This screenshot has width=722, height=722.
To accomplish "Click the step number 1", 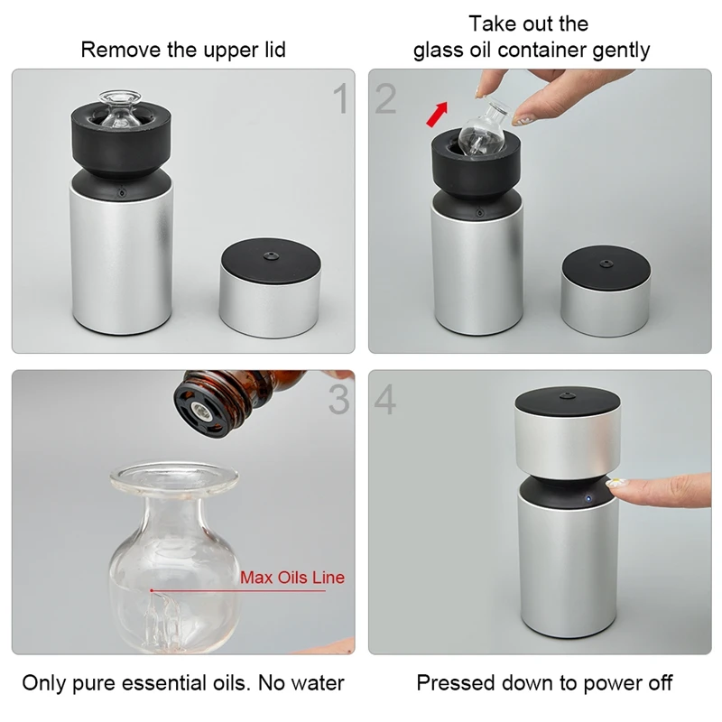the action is (x=340, y=98).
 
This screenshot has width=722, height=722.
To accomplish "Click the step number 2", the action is (x=385, y=98).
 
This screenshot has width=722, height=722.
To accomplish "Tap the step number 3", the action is (x=339, y=399).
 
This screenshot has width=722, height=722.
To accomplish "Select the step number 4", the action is (x=385, y=399).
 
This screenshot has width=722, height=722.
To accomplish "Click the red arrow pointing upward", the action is (x=437, y=115).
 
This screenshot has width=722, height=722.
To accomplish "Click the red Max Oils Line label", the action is (x=292, y=578).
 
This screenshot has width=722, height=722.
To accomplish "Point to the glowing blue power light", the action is (x=588, y=498).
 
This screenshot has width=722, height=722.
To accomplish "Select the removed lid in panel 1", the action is (x=270, y=287).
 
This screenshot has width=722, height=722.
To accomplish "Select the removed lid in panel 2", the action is (x=606, y=290).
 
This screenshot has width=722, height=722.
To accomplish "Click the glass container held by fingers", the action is (x=484, y=129).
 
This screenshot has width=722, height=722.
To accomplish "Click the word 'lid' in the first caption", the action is (x=275, y=50).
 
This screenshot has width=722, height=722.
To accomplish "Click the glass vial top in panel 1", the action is (x=120, y=108).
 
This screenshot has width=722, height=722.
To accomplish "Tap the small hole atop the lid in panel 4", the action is (x=567, y=395).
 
